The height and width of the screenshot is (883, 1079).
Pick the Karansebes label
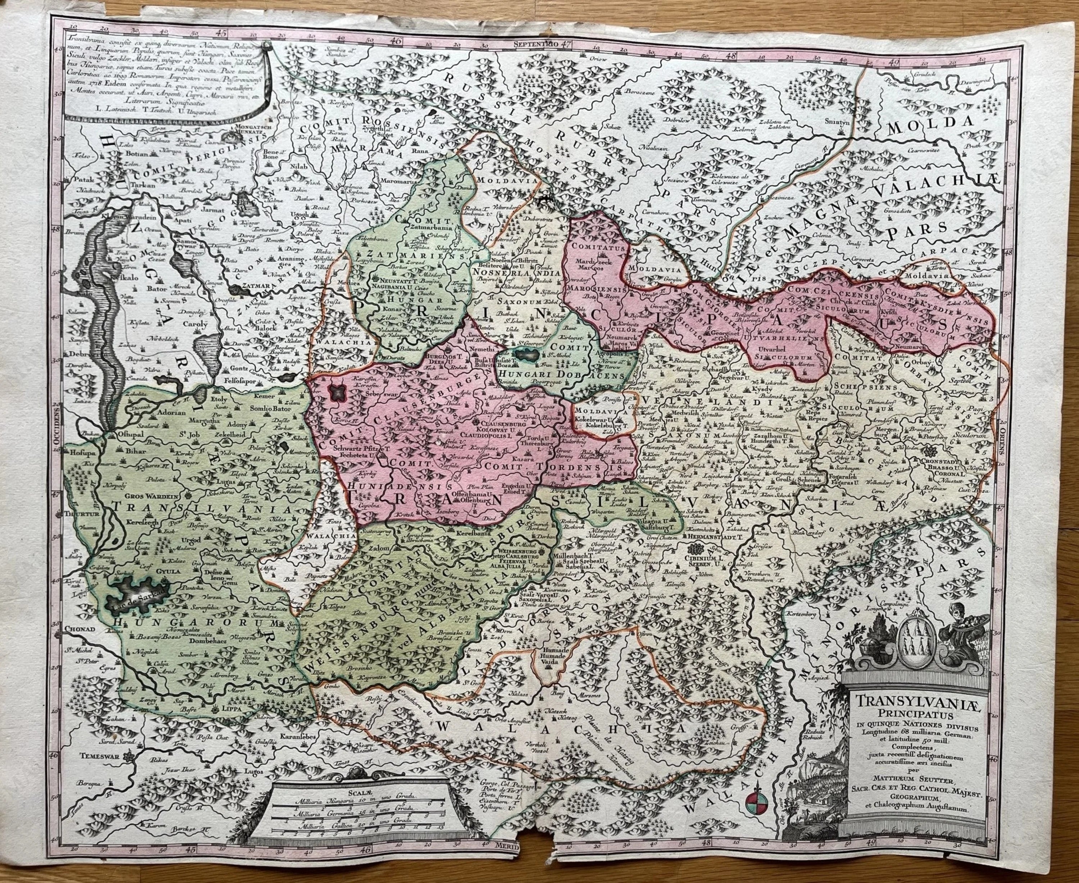pos(300,737)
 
